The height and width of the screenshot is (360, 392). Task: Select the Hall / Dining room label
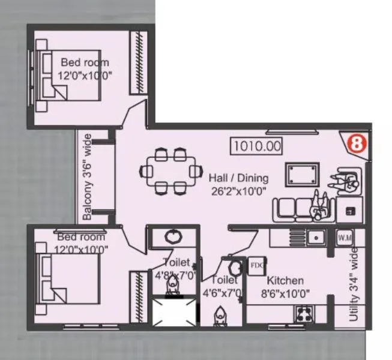tap(238, 178)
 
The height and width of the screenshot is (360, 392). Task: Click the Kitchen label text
tap(285, 281)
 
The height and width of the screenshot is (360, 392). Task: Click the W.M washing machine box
tap(345, 238)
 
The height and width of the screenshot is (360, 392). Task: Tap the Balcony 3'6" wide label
tap(88, 177)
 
